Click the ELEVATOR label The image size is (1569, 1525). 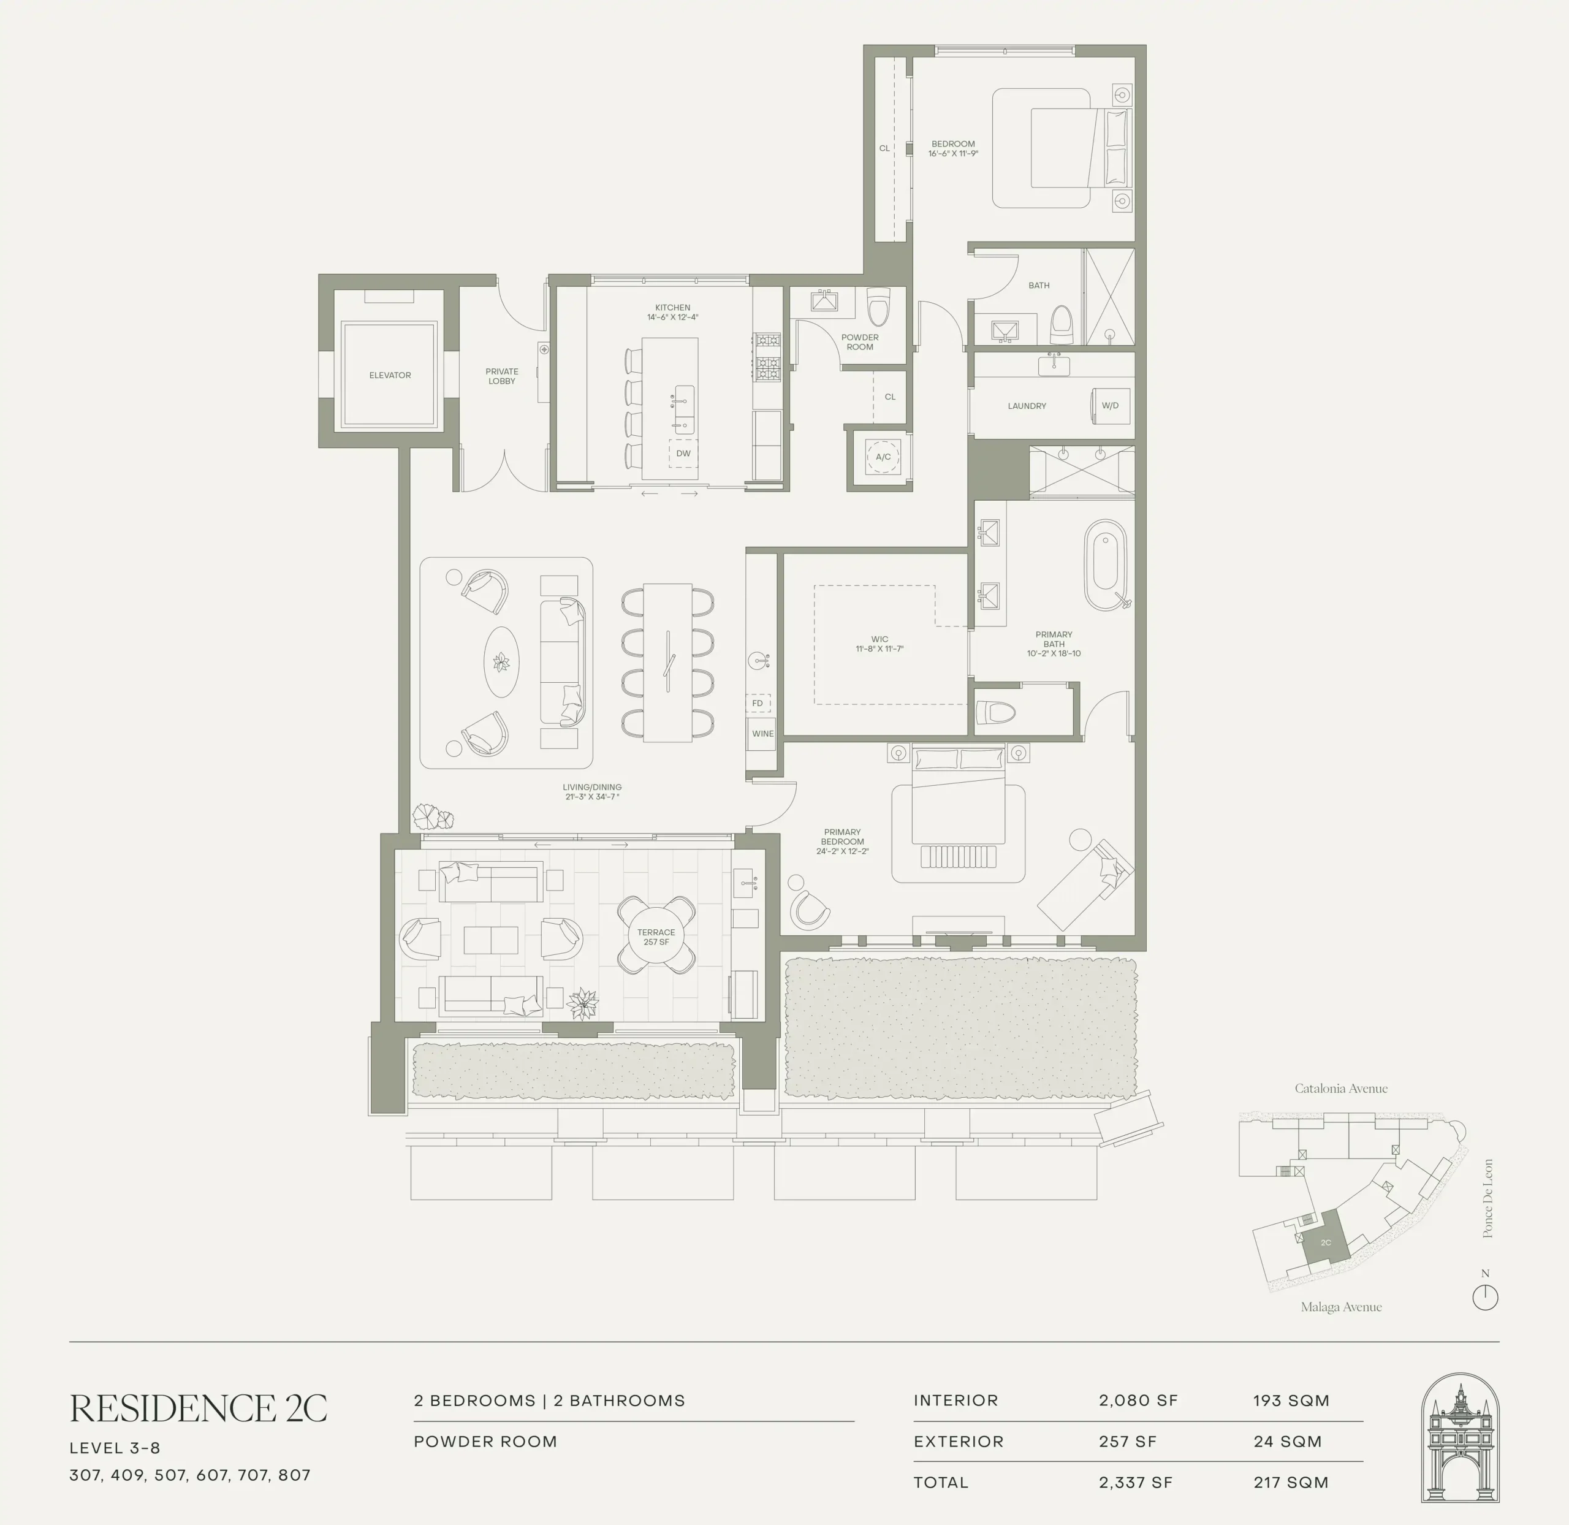coord(390,375)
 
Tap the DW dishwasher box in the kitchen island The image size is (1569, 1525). coord(683,454)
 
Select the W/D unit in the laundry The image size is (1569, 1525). coord(1110,405)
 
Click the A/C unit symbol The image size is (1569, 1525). coord(883,457)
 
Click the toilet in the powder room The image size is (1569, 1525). coord(879,305)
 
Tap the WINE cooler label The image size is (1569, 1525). coord(762,734)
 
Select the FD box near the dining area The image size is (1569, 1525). coord(758,703)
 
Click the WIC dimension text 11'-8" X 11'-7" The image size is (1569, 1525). coord(879,648)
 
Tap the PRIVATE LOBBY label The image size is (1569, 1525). coord(502,376)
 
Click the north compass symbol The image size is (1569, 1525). coord(1485,1297)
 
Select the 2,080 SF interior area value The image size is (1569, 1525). coord(1138,1401)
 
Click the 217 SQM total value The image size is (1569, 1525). coord(1291,1483)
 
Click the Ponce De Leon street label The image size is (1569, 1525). coord(1488,1198)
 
